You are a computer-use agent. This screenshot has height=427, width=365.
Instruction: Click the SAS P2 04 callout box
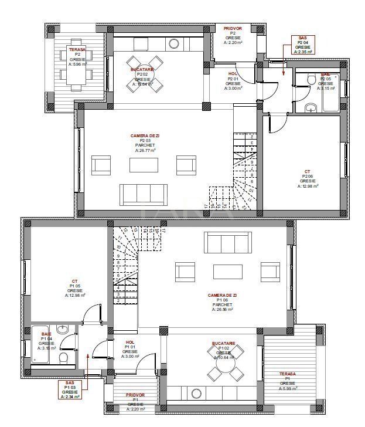point(302,45)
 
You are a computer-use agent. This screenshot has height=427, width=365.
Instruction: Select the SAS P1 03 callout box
point(70,389)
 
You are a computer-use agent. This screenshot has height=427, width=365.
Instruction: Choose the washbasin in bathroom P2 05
point(311,107)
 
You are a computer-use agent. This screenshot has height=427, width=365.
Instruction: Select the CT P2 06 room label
point(308,178)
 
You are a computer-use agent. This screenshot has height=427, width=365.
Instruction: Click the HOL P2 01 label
point(233,79)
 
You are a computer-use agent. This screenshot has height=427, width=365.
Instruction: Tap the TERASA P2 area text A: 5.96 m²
point(77,64)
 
